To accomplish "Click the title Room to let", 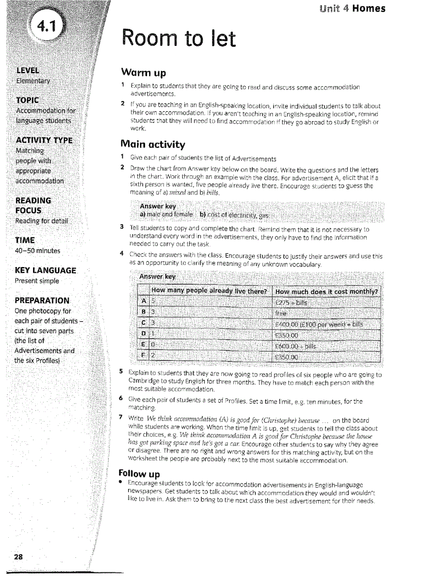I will click(x=179, y=39).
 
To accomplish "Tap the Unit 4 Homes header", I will click(x=352, y=8).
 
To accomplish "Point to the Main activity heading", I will click(x=153, y=143).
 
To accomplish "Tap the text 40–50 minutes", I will click(x=38, y=251).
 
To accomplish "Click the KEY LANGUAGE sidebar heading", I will click(x=46, y=270).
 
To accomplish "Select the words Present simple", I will click(x=37, y=281).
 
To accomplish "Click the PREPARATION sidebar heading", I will click(x=42, y=301).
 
